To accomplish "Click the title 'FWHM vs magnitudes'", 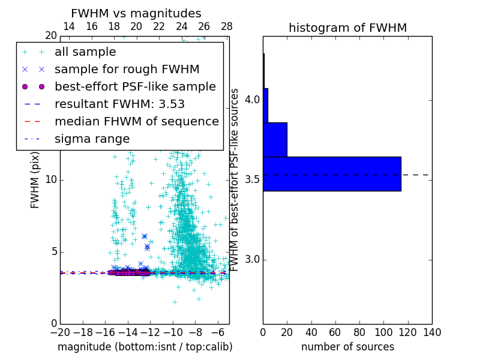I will click(136, 13).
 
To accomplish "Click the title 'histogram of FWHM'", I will click(347, 28).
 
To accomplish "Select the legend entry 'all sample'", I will click(85, 52).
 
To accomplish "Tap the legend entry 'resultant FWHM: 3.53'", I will click(119, 104).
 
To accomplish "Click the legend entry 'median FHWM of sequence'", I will click(136, 122).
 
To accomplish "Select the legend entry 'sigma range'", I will click(92, 139).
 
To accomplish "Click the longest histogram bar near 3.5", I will click(332, 173).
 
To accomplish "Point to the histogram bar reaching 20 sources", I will click(275, 139).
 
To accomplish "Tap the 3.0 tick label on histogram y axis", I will click(252, 259).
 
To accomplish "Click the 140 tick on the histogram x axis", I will click(432, 332).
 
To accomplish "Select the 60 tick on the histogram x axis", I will click(335, 332).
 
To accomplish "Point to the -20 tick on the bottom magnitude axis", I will click(60, 332).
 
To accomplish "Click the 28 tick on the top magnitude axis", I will click(227, 26).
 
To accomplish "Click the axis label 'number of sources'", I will click(347, 347).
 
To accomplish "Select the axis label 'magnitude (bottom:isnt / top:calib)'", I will click(145, 347).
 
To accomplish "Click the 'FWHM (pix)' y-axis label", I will click(35, 179).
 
